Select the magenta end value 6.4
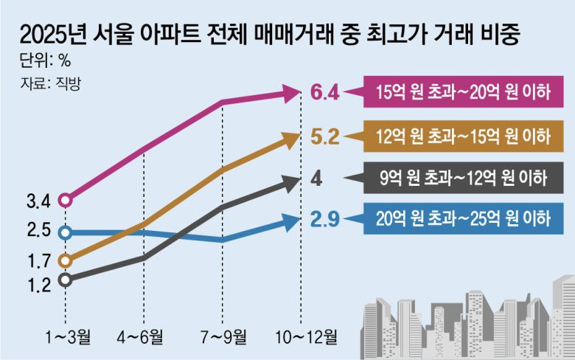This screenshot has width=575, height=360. click(324, 93)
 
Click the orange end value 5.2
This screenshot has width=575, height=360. click(324, 136)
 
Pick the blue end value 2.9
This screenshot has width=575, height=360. click(324, 218)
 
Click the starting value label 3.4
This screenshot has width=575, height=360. click(37, 200)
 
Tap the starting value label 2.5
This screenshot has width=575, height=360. click(37, 231)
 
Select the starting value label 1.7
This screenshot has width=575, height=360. click(37, 260)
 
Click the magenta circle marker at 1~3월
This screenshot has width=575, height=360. click(66, 200)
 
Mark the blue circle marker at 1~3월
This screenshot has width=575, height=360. click(66, 232)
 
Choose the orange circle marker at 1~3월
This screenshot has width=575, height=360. click(66, 260)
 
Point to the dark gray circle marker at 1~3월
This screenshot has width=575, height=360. click(66, 280)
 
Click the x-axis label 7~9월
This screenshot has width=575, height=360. click(223, 339)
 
